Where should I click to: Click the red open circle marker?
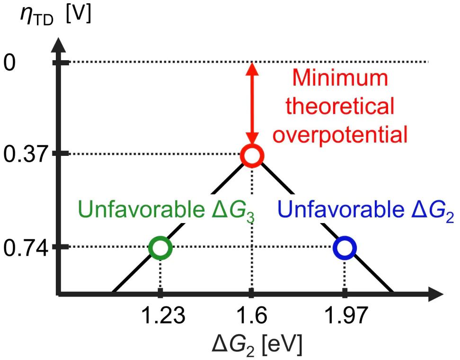(x=252, y=155)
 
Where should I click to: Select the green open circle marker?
(x=160, y=248)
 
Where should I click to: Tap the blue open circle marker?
(x=344, y=248)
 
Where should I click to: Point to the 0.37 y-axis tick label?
(x=26, y=154)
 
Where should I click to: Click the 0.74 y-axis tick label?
(x=26, y=247)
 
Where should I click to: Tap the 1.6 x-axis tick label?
(x=252, y=316)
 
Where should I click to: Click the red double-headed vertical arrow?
(x=253, y=104)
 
